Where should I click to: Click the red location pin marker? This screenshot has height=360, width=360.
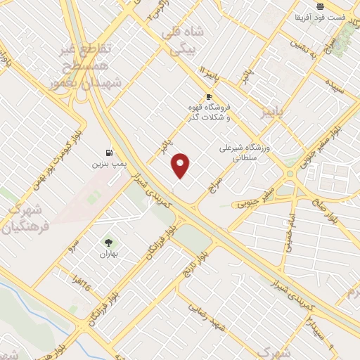(x=181, y=165)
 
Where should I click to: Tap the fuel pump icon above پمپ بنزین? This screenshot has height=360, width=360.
(x=108, y=151)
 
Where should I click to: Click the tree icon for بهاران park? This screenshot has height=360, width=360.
(x=108, y=242)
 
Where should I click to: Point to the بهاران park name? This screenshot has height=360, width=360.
(x=108, y=253)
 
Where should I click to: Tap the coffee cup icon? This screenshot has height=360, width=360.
(x=208, y=96)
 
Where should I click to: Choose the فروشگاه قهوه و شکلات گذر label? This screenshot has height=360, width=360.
(x=209, y=112)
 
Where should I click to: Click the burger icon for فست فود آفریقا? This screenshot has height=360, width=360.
(x=320, y=6)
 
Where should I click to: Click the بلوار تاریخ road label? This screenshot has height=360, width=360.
(x=193, y=264)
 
